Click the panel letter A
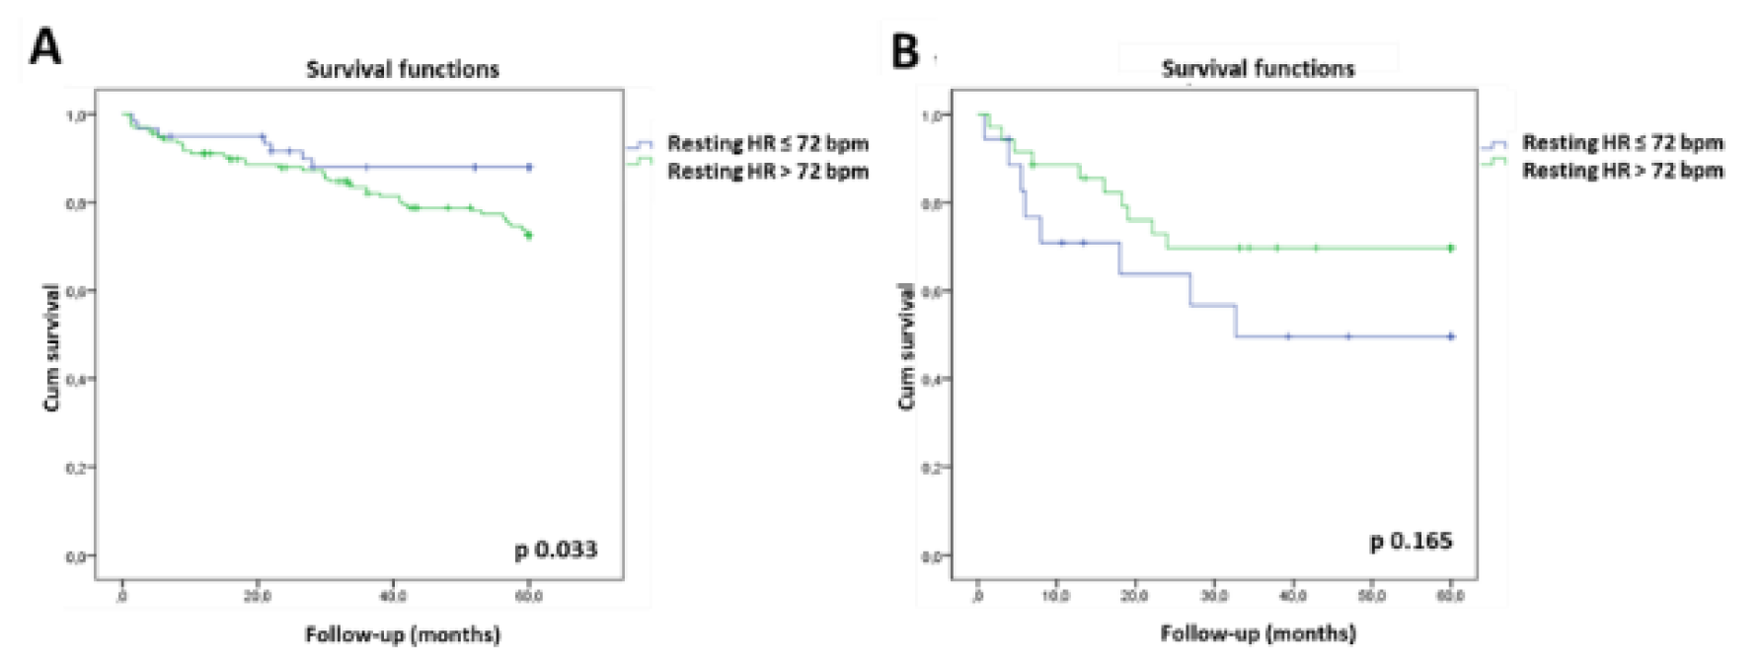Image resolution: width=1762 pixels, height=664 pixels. point(45,48)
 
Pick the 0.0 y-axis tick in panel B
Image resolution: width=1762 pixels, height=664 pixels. point(932,557)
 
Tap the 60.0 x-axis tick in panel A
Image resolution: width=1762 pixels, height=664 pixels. point(529,596)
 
